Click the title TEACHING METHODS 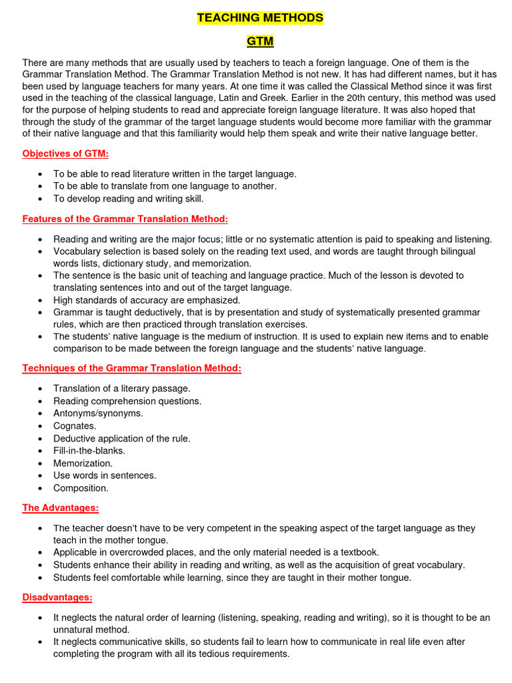pos(260,18)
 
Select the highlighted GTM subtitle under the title pos(260,41)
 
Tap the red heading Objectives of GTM pos(65,153)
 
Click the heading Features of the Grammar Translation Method pos(125,219)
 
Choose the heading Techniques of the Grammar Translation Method pos(132,368)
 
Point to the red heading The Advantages pos(61,508)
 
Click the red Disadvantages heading pos(57,597)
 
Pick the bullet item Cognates pos(75,426)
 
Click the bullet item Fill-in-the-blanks pos(89,450)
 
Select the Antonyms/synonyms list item pos(98,413)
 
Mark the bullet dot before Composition pos(41,488)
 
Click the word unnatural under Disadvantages pos(75,629)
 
